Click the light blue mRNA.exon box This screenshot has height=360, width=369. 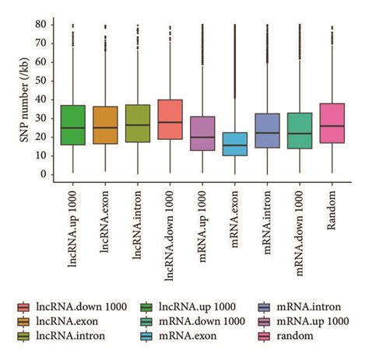click(235, 144)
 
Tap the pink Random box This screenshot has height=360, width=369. click(332, 124)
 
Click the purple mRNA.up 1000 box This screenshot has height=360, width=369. click(202, 133)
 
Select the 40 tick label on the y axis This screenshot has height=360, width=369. click(40, 99)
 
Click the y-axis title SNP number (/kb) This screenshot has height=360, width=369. click(21, 100)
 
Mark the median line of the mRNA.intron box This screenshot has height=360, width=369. click(268, 133)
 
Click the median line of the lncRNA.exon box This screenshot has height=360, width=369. click(104, 128)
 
